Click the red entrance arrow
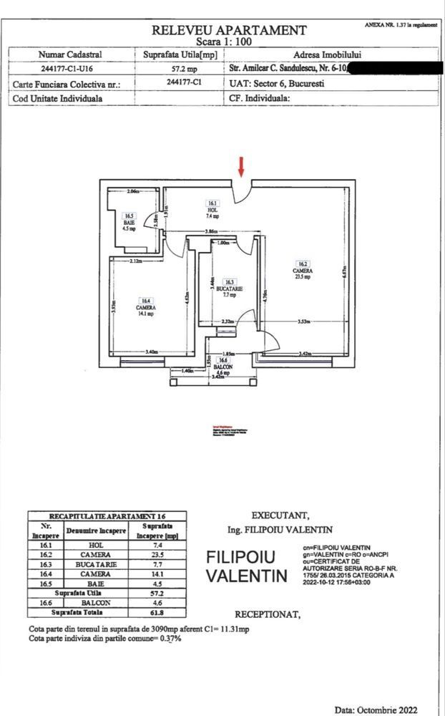pyautogui.click(x=241, y=166)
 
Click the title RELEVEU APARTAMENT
pyautogui.click(x=229, y=30)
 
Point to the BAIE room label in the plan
pyautogui.click(x=129, y=223)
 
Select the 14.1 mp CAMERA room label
pyautogui.click(x=146, y=306)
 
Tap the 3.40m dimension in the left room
pyautogui.click(x=152, y=352)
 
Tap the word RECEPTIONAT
pyautogui.click(x=268, y=614)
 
